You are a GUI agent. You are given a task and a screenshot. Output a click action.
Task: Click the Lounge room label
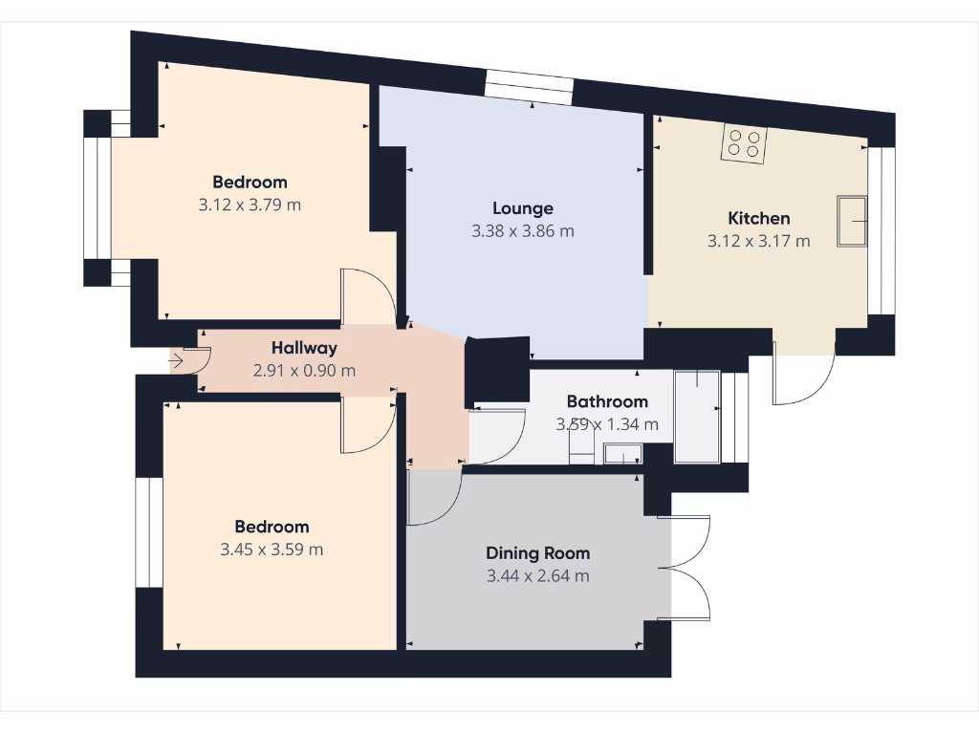click(523, 208)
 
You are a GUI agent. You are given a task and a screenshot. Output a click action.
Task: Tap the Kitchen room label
click(758, 219)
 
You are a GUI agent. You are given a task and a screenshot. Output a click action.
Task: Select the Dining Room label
click(537, 553)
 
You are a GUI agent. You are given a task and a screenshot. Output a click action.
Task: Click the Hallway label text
click(304, 348)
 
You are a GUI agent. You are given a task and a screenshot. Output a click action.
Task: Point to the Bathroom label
click(607, 401)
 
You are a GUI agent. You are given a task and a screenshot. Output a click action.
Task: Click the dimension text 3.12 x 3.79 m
click(250, 205)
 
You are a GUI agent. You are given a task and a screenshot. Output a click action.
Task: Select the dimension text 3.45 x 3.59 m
click(272, 550)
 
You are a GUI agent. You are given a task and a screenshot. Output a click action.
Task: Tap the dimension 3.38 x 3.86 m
click(523, 231)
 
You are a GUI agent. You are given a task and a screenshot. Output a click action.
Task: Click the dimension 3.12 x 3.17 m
click(758, 242)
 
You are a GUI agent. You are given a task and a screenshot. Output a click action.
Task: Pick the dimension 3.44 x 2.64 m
click(537, 576)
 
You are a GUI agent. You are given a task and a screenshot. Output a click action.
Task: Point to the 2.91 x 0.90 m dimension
click(304, 371)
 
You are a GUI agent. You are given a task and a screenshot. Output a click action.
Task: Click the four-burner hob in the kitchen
click(744, 143)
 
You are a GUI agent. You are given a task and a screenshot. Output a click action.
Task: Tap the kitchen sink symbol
click(851, 222)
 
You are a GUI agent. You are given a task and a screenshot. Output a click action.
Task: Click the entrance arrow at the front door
click(178, 361)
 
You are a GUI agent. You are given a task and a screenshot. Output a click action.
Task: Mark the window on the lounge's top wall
click(529, 86)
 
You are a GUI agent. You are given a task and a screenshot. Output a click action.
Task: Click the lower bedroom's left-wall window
click(148, 532)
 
